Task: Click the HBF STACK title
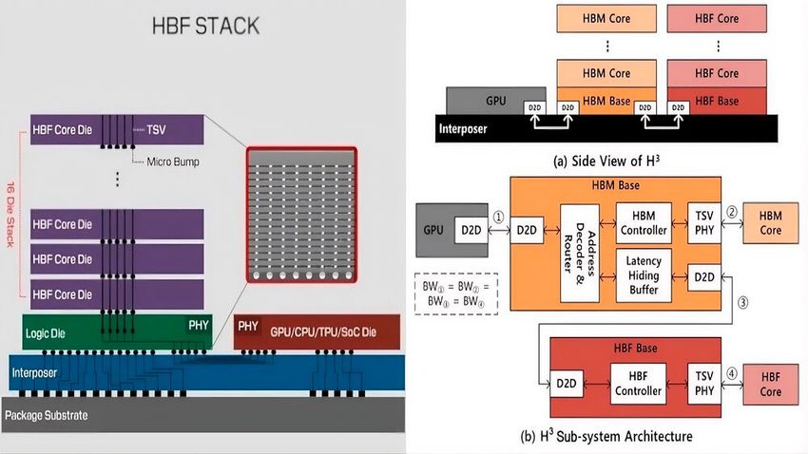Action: click(x=205, y=26)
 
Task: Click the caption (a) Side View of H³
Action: click(x=606, y=161)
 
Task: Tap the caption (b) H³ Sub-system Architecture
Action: click(x=606, y=437)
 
